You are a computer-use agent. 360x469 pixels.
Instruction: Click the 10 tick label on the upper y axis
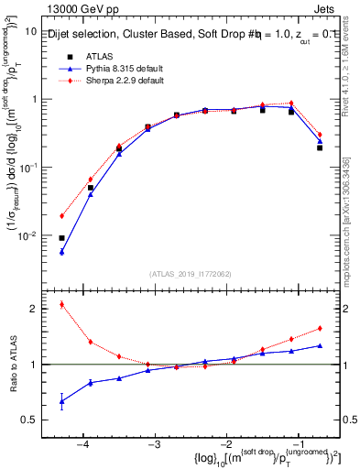30,31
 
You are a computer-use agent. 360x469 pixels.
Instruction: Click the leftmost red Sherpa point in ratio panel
62,304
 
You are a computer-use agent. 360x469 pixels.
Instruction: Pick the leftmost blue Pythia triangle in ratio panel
62,401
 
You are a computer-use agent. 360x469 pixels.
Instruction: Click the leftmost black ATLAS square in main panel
62,238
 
